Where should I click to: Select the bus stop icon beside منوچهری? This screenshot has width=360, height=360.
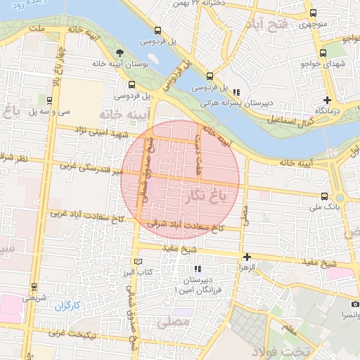pyautogui.click(x=314, y=12)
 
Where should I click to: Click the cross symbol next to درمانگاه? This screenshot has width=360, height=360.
pyautogui.click(x=327, y=99)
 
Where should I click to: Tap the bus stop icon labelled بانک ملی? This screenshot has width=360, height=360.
pyautogui.click(x=324, y=196)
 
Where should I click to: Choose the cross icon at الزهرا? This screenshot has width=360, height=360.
pyautogui.click(x=247, y=257)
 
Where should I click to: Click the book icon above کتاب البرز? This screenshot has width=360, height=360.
pyautogui.click(x=137, y=261)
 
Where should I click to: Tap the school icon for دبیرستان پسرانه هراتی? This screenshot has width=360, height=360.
pyautogui.click(x=236, y=91)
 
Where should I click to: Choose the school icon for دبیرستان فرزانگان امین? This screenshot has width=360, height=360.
pyautogui.click(x=198, y=269)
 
